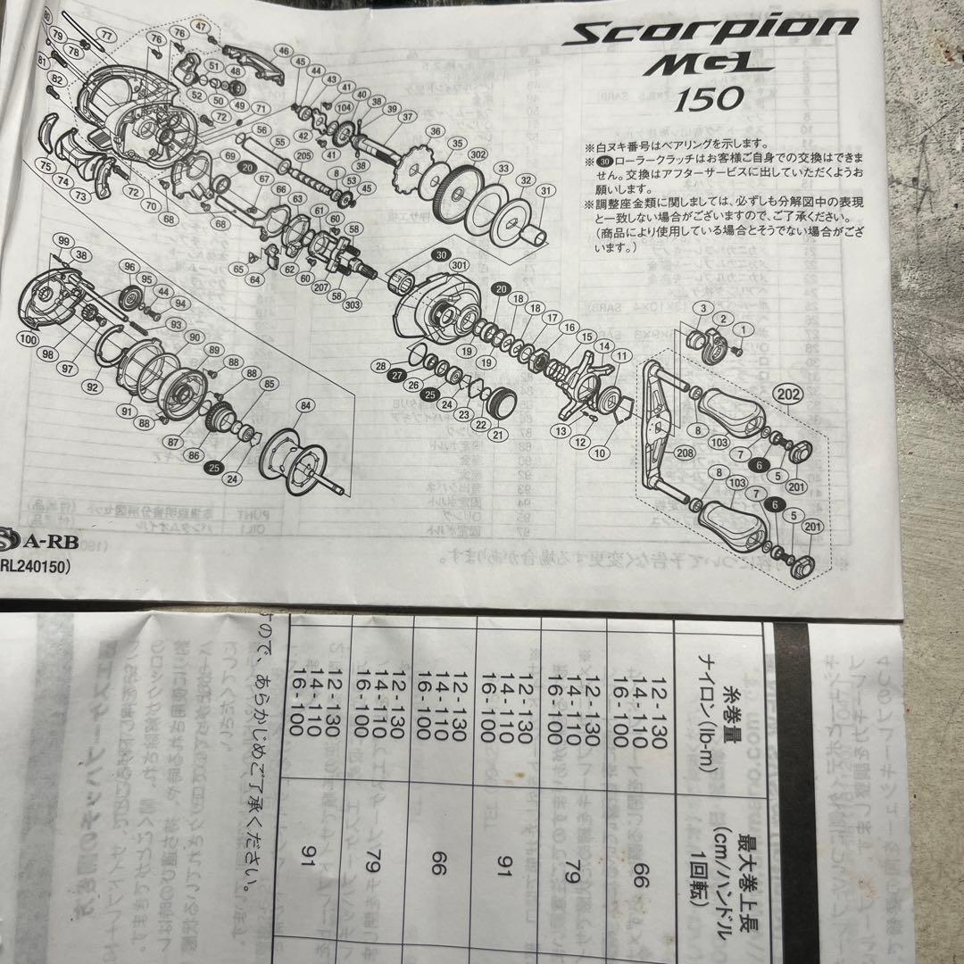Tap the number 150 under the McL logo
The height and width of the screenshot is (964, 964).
click(x=708, y=98)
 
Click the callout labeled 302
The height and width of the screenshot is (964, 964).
click(x=477, y=153)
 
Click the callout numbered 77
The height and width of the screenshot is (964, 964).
click(x=107, y=35)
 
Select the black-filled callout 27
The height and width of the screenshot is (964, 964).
click(x=397, y=375)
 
